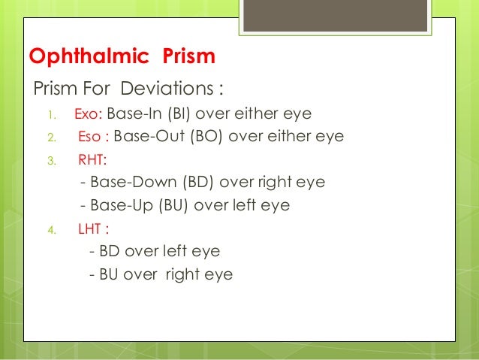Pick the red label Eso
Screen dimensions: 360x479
[x=91, y=137]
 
